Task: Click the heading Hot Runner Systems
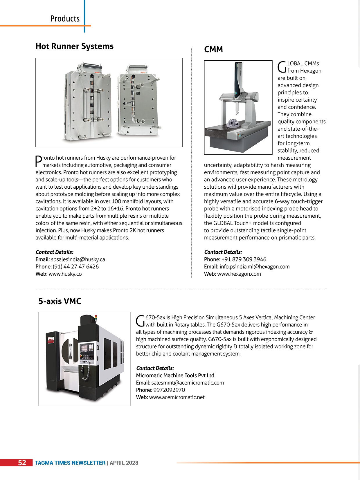[74, 46]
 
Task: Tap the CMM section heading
[213, 50]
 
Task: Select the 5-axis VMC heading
[60, 301]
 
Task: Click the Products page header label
[65, 19]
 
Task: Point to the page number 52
[22, 463]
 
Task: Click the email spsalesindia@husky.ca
[78, 259]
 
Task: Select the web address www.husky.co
[65, 274]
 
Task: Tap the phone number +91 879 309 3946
[244, 259]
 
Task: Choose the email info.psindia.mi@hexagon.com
[254, 267]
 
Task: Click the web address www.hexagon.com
[239, 274]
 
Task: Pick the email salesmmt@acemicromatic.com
[188, 383]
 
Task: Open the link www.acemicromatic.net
[177, 397]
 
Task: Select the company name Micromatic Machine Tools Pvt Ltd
[175, 376]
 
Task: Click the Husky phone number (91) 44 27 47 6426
[76, 267]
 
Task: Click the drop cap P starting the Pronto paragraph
[38, 161]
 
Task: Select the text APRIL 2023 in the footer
[124, 463]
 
